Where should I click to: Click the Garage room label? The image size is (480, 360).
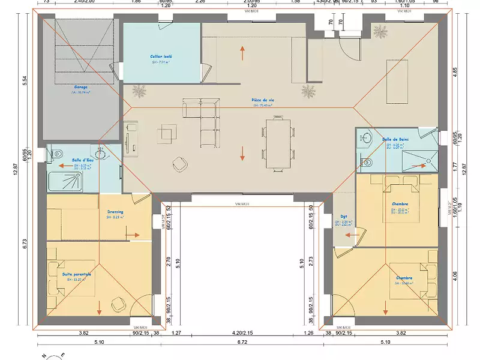(x=81, y=86)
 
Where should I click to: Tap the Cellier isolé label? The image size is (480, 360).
(x=162, y=56)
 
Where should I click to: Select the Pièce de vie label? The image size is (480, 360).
(x=262, y=100)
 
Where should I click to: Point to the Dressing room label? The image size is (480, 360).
(x=116, y=212)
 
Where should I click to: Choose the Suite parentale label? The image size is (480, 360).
(x=77, y=274)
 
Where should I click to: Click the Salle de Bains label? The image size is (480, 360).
(x=394, y=140)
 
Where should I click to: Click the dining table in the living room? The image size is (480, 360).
(x=279, y=143)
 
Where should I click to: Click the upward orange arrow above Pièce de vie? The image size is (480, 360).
(x=242, y=53)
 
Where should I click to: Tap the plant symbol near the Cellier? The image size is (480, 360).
(x=140, y=92)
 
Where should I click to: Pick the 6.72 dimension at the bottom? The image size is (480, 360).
(x=242, y=342)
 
